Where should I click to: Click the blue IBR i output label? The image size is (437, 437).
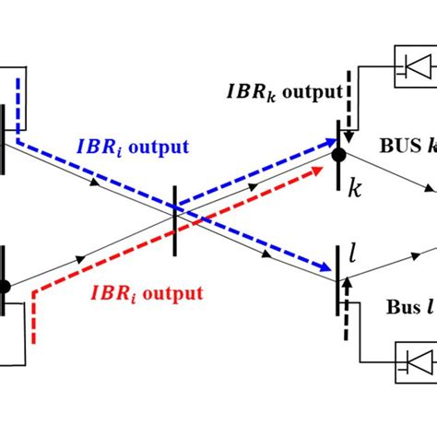142,147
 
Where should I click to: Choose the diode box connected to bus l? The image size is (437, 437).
414,359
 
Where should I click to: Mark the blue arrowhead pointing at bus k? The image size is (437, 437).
329,140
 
